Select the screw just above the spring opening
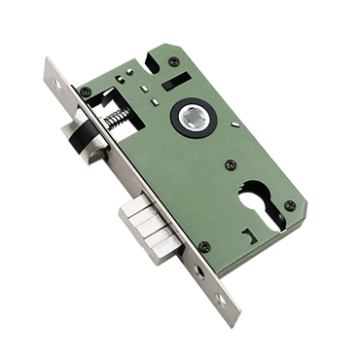tap(88, 93)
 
